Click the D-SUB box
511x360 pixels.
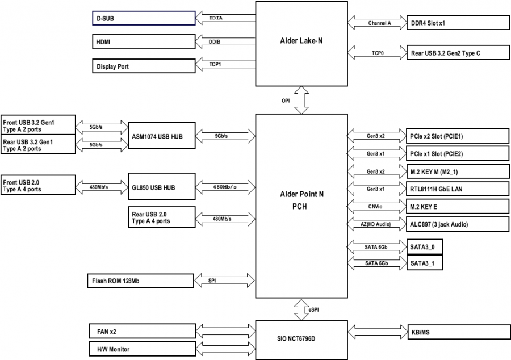(143, 18)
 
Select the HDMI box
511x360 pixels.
(143, 42)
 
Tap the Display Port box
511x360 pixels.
(143, 66)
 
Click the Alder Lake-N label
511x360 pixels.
(301, 40)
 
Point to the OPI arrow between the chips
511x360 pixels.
(301, 100)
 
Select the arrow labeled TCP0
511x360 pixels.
(378, 53)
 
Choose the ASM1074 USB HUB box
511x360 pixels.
(162, 136)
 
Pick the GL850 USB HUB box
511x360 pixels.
(162, 186)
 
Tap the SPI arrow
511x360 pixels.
(224, 281)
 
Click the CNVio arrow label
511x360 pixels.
(376, 206)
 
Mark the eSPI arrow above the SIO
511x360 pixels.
(301, 309)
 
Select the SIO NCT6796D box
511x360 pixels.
(301, 339)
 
